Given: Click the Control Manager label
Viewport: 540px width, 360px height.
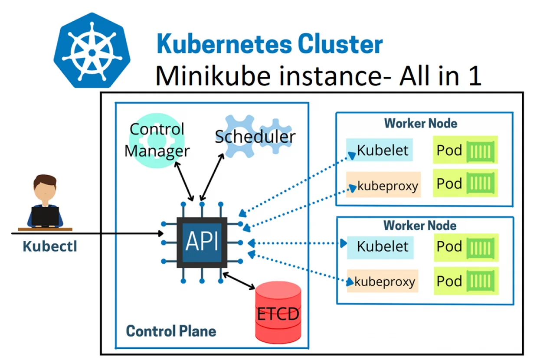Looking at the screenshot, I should click(157, 140).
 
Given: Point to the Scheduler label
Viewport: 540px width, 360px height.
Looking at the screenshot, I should click(255, 137).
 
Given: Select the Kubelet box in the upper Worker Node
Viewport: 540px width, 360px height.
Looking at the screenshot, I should click(380, 150).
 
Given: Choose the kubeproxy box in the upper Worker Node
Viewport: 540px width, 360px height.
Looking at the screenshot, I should click(383, 186).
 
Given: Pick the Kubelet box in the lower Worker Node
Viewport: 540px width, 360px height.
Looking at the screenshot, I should click(380, 246).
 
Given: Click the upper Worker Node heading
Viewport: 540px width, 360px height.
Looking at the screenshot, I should click(420, 123).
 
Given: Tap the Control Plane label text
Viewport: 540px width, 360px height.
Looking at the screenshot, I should click(171, 331).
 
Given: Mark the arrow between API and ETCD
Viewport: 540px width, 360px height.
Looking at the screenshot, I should click(239, 281).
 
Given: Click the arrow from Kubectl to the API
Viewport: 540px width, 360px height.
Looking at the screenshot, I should click(87, 234).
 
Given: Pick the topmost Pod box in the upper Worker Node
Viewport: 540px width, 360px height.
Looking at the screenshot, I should click(465, 150).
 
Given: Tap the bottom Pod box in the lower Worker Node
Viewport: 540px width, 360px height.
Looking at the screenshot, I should click(466, 281).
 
